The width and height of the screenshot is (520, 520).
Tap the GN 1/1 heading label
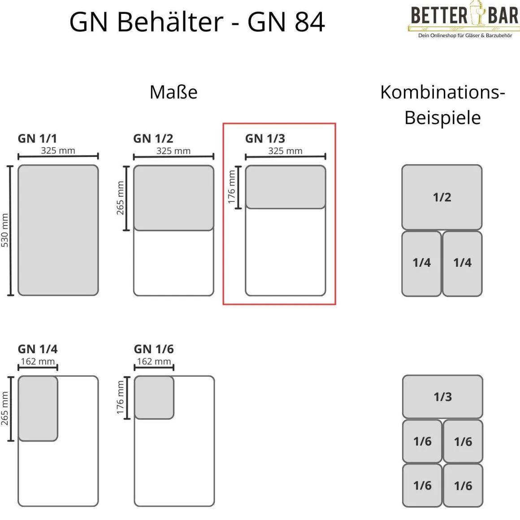tap(37, 139)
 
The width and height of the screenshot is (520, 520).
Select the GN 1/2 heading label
tap(153, 139)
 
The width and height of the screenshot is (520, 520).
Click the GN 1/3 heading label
tap(265, 139)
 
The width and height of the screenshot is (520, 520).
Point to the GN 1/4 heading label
tap(38, 349)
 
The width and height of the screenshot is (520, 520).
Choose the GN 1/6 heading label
tap(154, 349)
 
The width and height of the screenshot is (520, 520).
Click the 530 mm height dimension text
tap(5, 230)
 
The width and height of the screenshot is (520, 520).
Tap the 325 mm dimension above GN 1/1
tap(58, 151)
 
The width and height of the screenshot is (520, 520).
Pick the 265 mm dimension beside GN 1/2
tap(121, 198)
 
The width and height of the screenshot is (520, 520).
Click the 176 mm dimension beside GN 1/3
tap(232, 187)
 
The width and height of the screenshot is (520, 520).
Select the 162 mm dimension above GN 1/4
tap(38, 361)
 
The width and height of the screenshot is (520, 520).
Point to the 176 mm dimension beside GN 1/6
tap(120, 397)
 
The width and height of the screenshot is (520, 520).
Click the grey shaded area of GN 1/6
tap(154, 398)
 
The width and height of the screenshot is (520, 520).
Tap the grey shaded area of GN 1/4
tap(38, 408)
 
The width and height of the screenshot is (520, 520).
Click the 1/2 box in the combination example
tap(442, 197)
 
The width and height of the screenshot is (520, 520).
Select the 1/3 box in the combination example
tap(442, 397)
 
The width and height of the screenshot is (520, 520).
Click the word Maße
tap(173, 92)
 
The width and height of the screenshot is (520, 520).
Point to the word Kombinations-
tap(442, 92)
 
